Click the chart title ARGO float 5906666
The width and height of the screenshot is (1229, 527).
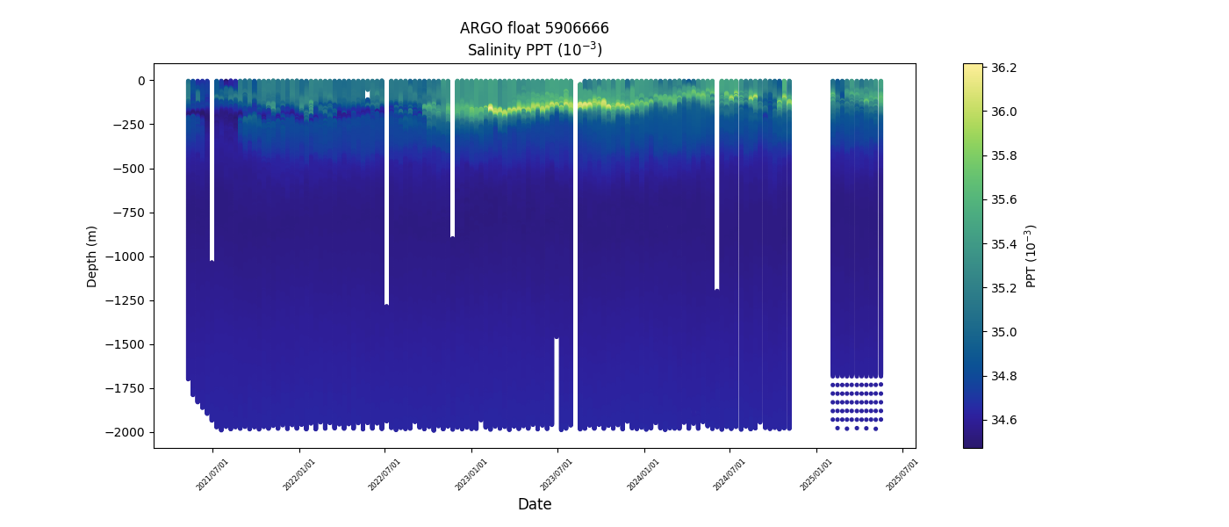534,28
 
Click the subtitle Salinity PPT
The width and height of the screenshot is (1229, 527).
534,50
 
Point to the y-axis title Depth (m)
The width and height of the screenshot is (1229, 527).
92,256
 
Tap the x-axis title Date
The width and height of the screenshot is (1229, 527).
534,504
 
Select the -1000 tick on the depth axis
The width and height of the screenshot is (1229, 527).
126,256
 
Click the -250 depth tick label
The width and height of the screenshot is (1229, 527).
129,125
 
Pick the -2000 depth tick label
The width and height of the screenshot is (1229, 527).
126,432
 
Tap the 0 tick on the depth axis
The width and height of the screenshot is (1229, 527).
140,81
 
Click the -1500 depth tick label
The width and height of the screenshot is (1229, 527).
126,344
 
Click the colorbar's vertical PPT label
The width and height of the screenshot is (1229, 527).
1031,256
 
